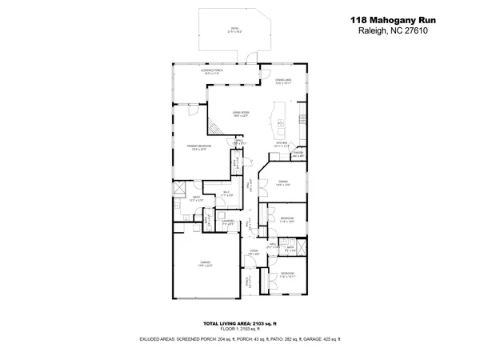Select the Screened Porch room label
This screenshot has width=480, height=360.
211,72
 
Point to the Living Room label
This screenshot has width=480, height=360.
241,114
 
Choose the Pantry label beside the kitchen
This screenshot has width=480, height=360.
298,154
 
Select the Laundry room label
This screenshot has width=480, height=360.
228,222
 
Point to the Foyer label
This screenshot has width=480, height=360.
252,254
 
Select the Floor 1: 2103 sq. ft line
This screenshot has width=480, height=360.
240,329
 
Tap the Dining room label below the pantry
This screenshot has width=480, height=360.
282,183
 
